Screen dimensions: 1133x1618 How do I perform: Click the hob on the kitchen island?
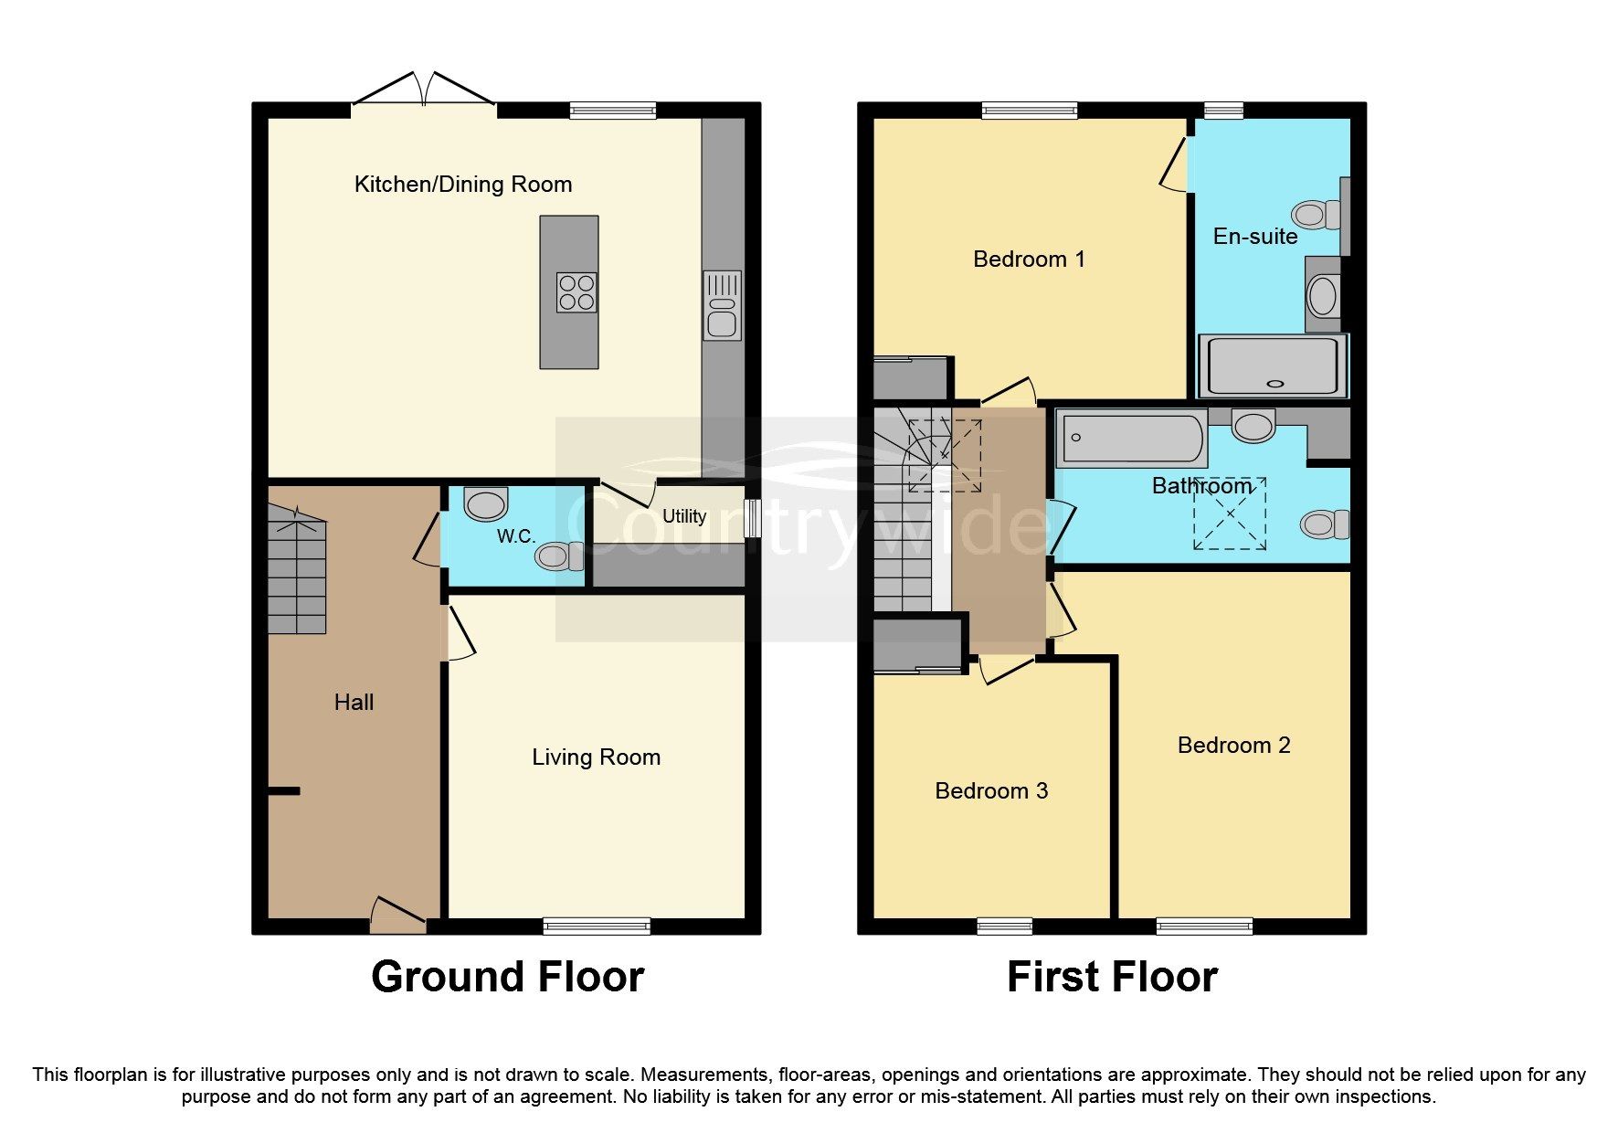click(576, 292)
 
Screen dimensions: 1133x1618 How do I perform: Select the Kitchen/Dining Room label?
click(463, 185)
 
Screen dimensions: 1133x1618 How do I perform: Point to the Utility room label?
click(684, 516)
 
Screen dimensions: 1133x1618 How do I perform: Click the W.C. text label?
click(516, 536)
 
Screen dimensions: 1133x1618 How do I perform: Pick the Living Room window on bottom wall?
click(597, 927)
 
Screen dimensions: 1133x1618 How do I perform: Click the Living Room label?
click(596, 757)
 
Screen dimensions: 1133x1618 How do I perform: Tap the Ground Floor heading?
click(507, 977)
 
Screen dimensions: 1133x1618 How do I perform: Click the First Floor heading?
click(1112, 977)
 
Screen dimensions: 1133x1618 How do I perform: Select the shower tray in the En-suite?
click(1273, 365)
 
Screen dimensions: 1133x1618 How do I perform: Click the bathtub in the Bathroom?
click(1131, 439)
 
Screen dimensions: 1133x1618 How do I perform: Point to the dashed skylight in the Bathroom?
click(1230, 514)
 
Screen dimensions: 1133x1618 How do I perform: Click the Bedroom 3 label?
click(991, 791)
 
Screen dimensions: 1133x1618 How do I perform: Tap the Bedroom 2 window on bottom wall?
click(1204, 927)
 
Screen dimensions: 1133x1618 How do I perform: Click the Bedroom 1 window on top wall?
click(1030, 111)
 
